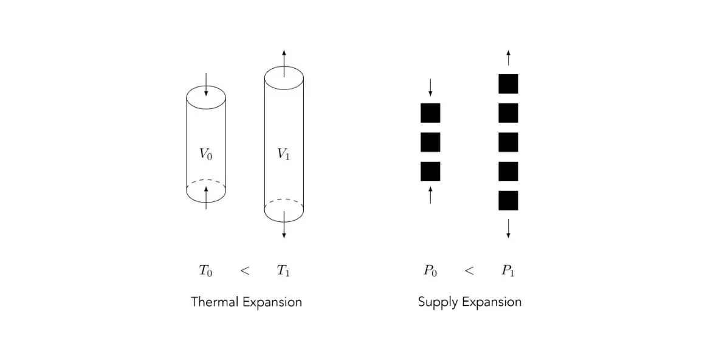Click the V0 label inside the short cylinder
206,154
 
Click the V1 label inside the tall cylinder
283,154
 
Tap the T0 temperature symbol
205,271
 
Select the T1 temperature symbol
283,271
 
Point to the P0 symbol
430,271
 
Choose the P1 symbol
508,271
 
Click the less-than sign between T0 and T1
245,271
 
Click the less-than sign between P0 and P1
469,271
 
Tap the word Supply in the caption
438,303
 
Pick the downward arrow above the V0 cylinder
206,85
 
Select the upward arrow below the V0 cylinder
206,198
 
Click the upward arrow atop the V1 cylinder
284,63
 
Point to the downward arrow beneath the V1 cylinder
284,224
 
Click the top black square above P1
508,84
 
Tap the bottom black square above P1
508,201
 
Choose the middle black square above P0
430,142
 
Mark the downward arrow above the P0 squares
430,88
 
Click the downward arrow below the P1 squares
508,229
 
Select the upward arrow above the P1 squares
508,57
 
